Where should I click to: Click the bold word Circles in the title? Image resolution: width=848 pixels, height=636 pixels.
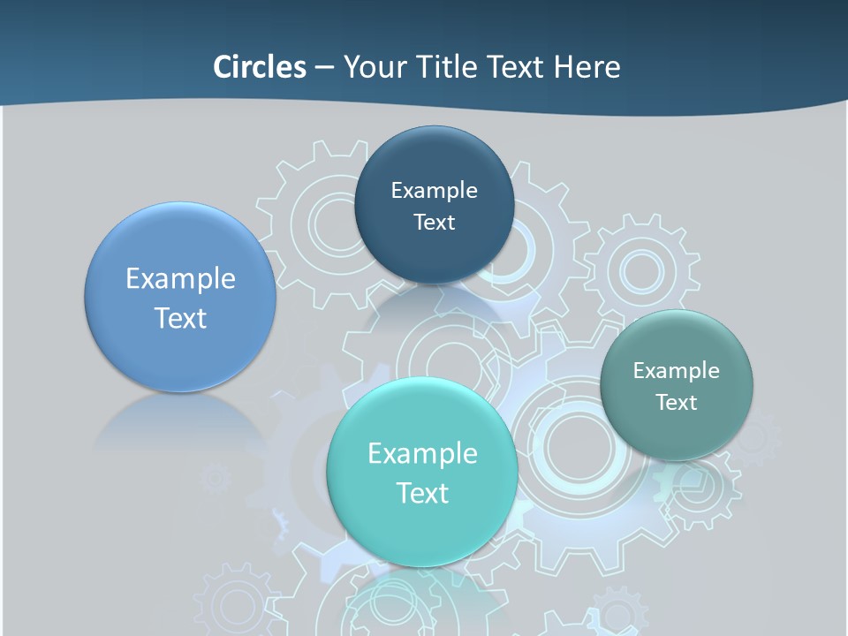pos(260,67)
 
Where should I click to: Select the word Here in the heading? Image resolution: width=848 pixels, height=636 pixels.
pos(587,67)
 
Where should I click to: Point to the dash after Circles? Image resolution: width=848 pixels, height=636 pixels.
pos(324,68)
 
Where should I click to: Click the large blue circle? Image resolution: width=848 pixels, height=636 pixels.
pos(180,353)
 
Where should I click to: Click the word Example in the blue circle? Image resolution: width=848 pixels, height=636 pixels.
pos(180,279)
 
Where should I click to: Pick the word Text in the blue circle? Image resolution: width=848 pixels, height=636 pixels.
pos(180,318)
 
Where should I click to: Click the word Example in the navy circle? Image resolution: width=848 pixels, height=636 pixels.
pos(434,191)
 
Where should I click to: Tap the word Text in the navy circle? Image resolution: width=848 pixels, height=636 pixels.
pos(434,223)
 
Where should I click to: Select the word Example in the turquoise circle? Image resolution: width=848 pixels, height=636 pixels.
pos(422,454)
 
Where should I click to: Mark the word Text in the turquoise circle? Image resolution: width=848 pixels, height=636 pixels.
pos(422,493)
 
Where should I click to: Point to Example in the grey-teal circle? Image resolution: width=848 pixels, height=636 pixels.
pos(677,371)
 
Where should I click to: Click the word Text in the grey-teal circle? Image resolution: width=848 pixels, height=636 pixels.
pos(677,403)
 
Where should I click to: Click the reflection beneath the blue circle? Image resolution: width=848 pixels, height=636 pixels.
pos(180,424)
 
